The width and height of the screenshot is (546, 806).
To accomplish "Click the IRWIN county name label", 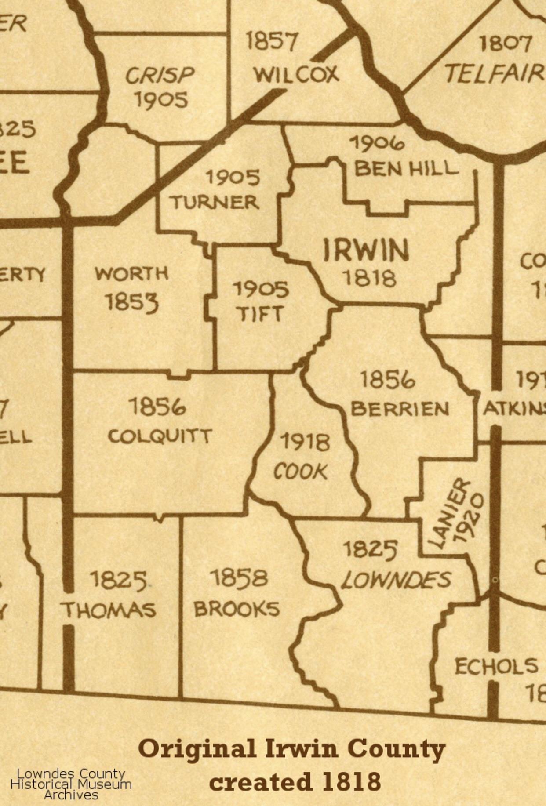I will [366, 251].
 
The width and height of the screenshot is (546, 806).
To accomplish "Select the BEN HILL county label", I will [406, 169].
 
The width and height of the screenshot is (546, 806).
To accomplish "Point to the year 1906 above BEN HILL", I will [377, 143].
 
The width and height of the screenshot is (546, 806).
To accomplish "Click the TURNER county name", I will [215, 203].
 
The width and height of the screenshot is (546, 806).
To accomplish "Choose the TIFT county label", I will [260, 314].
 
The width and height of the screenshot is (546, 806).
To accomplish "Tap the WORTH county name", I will [131, 274].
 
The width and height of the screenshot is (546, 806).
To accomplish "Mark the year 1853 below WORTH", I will [131, 302].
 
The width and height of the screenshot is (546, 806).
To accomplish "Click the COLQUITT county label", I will [160, 436].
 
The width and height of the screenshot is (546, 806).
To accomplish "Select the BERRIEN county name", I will [400, 409].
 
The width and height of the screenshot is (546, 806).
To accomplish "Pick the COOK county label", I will [301, 472].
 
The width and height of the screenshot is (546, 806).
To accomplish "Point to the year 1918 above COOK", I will [305, 442].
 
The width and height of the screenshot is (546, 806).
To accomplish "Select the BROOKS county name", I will [237, 609].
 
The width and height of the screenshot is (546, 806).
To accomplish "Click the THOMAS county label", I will [108, 610].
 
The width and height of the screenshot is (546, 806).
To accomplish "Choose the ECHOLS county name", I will [496, 666].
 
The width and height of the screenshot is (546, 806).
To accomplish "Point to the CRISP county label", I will [160, 76].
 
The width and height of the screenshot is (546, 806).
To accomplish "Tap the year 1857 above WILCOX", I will [271, 42].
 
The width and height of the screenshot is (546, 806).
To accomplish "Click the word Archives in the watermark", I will [71, 795].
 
